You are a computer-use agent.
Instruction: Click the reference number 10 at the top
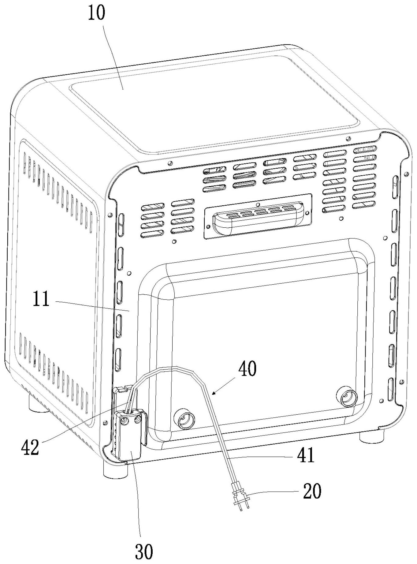(96, 13)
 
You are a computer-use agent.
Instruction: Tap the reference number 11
(41, 299)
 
